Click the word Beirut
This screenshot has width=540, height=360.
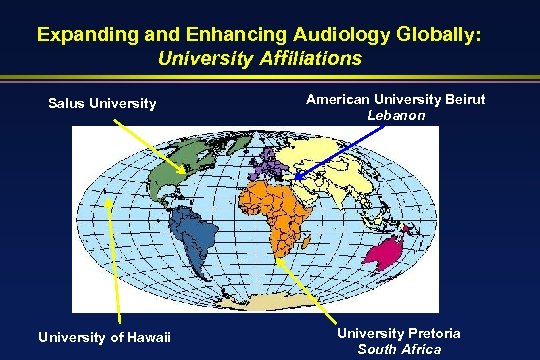(x=403, y=101)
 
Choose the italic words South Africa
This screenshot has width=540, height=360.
(x=398, y=348)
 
